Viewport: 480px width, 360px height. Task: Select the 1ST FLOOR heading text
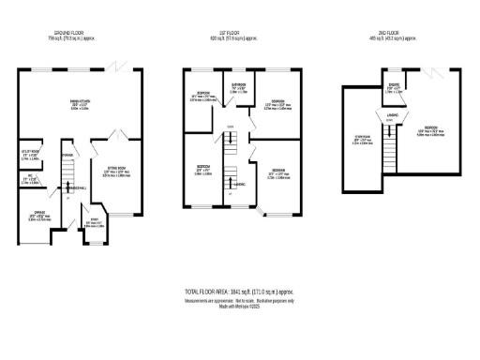click(241, 32)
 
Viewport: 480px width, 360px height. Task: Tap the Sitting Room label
click(116, 172)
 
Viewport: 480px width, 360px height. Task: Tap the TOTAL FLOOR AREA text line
click(240, 293)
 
